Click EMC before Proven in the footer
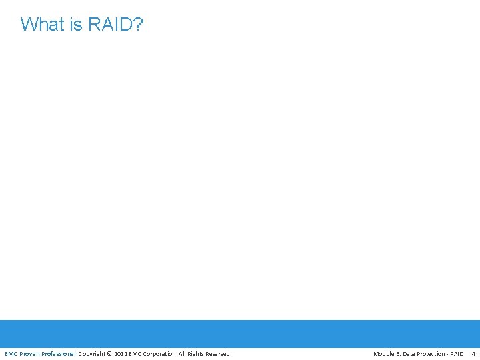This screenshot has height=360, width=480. point(11,353)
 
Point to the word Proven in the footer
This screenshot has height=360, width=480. point(29,353)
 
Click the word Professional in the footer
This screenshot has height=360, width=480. point(59,353)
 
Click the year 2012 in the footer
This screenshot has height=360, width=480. point(121,353)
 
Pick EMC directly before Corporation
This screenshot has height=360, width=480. point(135,353)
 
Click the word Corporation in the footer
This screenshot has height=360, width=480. point(160,353)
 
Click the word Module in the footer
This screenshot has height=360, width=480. point(384,353)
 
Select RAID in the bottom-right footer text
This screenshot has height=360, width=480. point(457,353)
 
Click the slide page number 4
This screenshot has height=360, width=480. point(473,353)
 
